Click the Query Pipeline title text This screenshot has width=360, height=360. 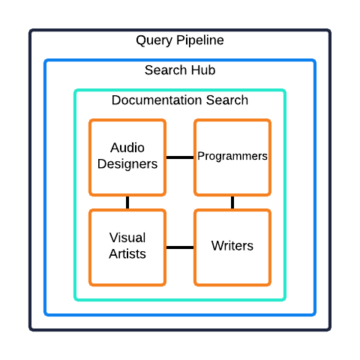(180, 40)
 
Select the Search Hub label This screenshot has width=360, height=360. (180, 70)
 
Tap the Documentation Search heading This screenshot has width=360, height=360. (180, 100)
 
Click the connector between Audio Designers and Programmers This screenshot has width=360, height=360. (180, 157)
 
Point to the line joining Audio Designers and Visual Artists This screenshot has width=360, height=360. (127, 202)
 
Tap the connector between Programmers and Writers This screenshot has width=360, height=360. (232, 202)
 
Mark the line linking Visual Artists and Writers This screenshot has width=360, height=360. (180, 247)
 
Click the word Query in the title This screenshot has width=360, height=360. (154, 40)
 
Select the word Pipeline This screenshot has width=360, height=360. (200, 40)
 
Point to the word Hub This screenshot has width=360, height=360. (203, 70)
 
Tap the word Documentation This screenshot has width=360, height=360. (157, 100)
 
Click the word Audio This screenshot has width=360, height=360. (127, 148)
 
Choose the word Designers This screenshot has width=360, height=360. (127, 164)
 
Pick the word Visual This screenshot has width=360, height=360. (127, 238)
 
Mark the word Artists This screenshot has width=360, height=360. (127, 253)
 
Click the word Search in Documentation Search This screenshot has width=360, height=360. (227, 100)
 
